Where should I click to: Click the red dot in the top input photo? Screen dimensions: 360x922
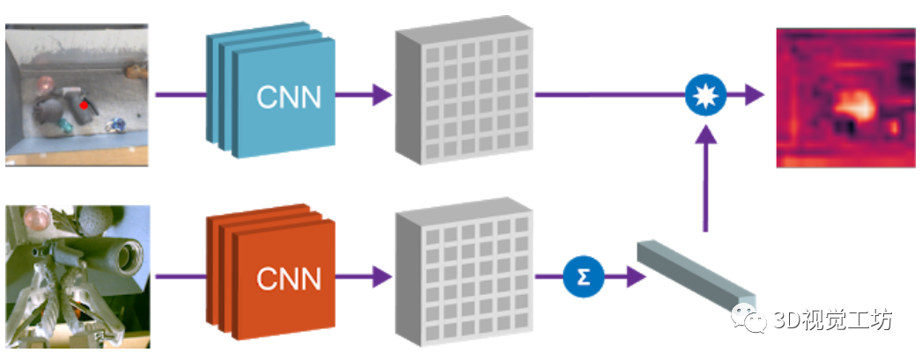pyautogui.click(x=84, y=105)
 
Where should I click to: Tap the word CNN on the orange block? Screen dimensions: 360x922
pyautogui.click(x=285, y=279)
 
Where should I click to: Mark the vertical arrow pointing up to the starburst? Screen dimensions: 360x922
pyautogui.click(x=704, y=176)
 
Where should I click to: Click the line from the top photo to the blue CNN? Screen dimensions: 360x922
pyautogui.click(x=181, y=95)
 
